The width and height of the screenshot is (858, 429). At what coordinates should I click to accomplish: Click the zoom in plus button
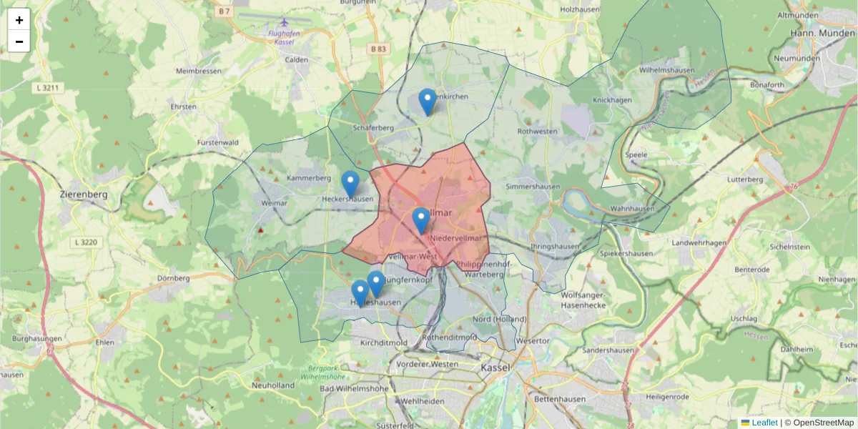(19, 19)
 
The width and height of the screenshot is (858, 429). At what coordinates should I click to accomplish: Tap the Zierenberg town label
(84, 194)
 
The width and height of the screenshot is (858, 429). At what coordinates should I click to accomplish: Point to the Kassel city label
(495, 367)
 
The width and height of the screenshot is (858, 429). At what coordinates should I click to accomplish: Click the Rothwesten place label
(537, 132)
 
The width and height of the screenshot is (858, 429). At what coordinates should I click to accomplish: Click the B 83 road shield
(378, 49)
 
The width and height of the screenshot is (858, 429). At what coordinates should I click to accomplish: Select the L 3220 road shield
(85, 243)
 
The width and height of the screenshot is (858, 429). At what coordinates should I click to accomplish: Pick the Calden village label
(297, 60)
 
